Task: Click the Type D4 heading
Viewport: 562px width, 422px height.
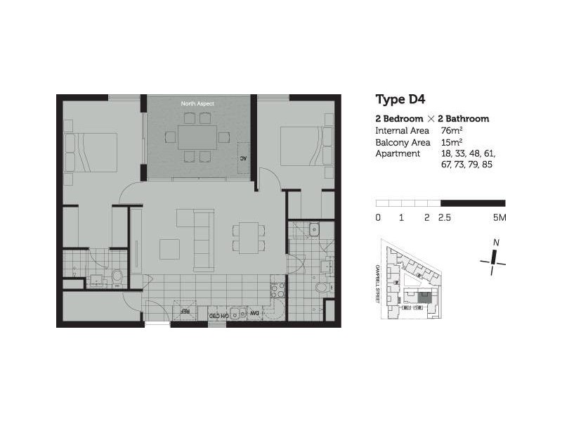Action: tap(400, 99)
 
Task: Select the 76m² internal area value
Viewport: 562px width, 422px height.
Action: tap(451, 131)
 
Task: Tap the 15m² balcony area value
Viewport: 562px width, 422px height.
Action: tap(451, 142)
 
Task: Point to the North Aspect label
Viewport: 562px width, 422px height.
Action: tap(197, 103)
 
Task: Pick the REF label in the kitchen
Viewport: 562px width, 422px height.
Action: tap(186, 310)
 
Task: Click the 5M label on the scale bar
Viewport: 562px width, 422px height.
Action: tap(499, 218)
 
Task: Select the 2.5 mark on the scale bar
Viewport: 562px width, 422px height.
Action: tap(445, 218)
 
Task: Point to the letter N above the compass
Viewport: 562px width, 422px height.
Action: tap(496, 243)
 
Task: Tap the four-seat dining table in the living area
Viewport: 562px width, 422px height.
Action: tap(249, 238)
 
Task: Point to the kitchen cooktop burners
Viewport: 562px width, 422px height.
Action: tap(277, 291)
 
